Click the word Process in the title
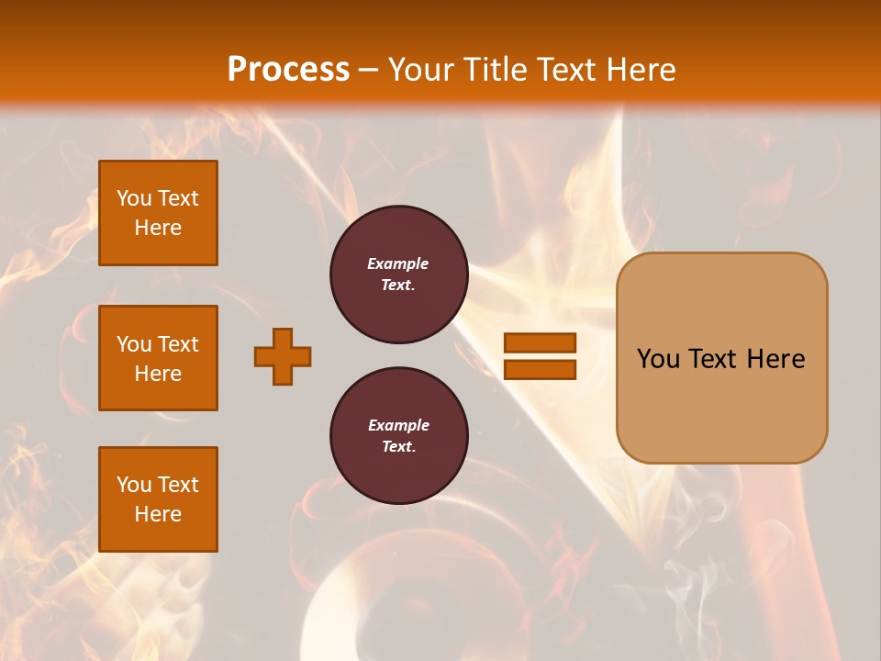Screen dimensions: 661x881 288,70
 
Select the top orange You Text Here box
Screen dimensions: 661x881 158,213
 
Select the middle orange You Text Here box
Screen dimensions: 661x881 158,358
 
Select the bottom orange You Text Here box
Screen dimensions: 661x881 158,499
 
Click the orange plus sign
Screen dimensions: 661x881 283,356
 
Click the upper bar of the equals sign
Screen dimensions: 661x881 540,342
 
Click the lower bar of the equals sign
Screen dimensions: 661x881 540,370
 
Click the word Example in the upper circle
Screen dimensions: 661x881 397,263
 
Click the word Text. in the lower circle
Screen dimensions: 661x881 398,446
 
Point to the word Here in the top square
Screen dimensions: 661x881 158,228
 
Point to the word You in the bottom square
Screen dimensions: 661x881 134,485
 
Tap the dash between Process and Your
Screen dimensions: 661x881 369,70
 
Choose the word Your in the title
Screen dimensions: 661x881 422,70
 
